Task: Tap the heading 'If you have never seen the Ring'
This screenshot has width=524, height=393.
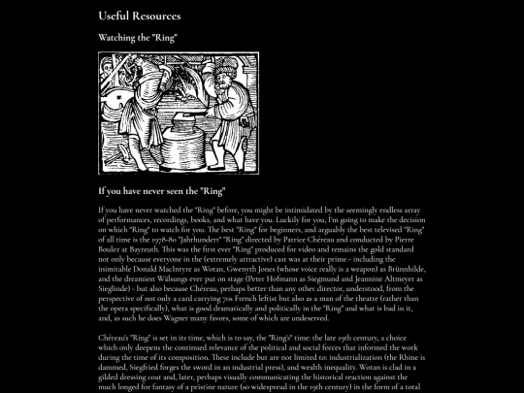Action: tap(162, 192)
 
